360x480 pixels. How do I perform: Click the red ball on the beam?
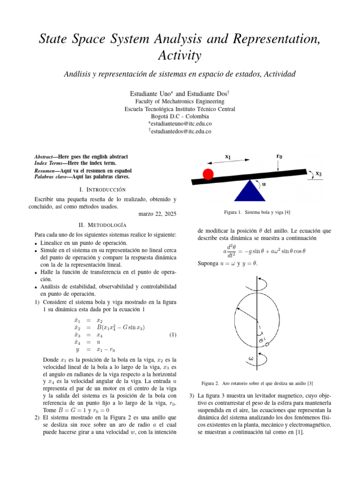pos(208,174)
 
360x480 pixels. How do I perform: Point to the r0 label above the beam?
pos(279,157)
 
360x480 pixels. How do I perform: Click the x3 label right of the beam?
pos(318,173)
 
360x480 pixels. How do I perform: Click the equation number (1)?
pos(172,335)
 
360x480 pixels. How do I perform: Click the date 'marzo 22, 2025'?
pos(157,214)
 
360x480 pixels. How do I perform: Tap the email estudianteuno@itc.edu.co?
pos(180,123)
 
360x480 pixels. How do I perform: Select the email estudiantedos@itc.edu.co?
pos(180,132)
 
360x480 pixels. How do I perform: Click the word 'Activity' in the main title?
pos(180,55)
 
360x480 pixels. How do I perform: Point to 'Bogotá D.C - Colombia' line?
pos(180,116)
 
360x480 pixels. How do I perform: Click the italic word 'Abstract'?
pos(46,156)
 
